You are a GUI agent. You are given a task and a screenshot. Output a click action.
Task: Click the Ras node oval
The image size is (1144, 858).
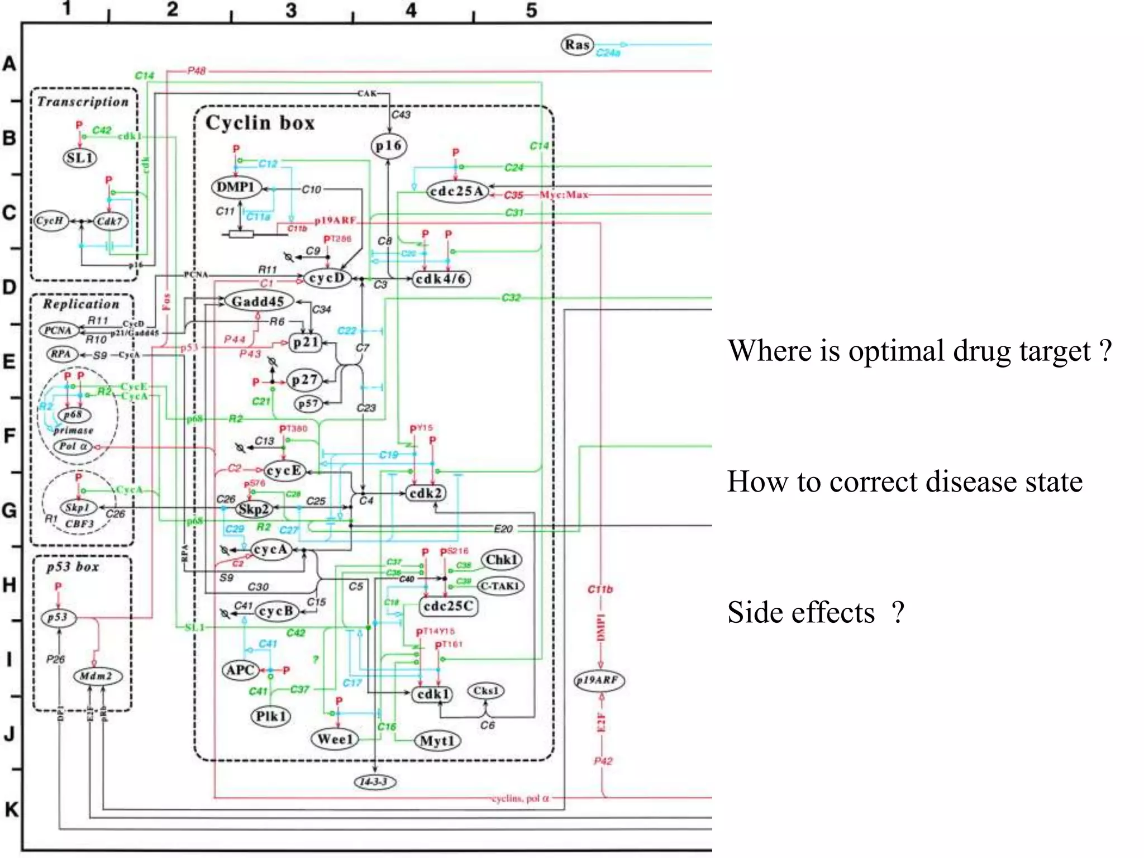[577, 45]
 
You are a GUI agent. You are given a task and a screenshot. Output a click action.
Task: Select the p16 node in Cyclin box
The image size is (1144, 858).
[389, 146]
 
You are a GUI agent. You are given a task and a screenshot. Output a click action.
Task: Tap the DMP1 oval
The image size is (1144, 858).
[236, 187]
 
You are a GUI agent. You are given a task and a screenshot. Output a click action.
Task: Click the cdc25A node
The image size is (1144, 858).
[457, 192]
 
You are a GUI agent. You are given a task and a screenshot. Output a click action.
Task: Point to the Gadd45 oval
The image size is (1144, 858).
[258, 302]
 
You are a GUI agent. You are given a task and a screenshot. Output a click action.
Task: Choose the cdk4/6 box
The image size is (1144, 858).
[441, 279]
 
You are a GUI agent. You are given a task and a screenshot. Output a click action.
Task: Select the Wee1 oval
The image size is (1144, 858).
[335, 739]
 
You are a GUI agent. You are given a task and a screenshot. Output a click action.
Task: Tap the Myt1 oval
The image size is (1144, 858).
[437, 741]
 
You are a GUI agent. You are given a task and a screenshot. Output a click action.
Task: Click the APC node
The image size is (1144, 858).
[240, 670]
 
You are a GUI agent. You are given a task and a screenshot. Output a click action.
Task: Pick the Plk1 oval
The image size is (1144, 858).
[271, 716]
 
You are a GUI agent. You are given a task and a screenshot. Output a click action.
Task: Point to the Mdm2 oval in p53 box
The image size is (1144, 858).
[97, 676]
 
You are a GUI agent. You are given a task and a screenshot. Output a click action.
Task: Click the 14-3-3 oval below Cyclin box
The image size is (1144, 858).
[375, 781]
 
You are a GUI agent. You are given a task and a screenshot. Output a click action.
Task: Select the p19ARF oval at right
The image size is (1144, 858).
[599, 680]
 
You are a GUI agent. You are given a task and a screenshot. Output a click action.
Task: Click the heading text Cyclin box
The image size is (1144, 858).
[260, 123]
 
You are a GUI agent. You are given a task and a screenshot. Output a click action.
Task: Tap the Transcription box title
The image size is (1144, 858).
[83, 102]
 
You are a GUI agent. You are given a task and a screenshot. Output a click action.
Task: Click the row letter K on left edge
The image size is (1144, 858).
[11, 809]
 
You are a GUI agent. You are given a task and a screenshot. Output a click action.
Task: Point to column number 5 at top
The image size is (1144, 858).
[531, 10]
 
